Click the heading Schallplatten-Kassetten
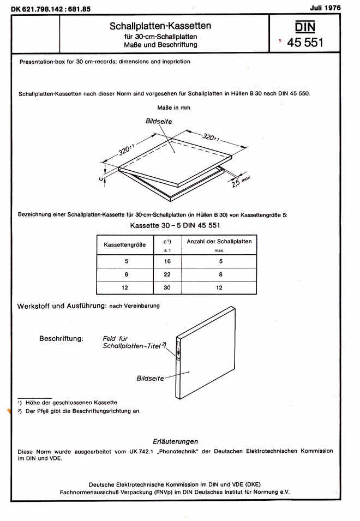pos(160,26)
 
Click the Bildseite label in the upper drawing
pos(159,121)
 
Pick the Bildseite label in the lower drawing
pos(150,378)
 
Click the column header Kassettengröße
pos(125,245)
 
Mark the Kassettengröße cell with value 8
pos(126,274)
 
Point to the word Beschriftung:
pos(61,338)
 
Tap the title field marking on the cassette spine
pos(178,349)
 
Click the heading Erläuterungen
pos(176,441)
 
